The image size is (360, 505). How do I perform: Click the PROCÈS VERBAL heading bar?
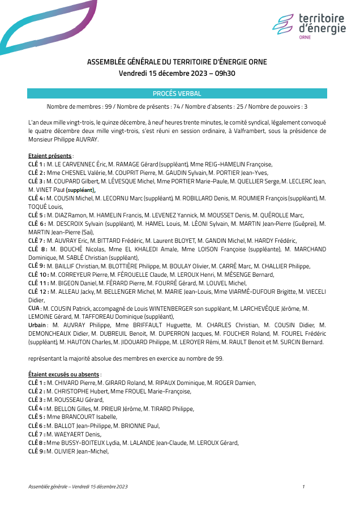tap(177, 93)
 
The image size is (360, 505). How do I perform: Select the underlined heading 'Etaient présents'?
tap(50, 156)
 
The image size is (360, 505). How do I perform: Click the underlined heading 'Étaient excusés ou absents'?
tap(65, 374)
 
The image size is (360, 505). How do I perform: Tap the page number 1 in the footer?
tap(303, 486)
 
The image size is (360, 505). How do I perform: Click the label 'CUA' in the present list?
tap(33, 309)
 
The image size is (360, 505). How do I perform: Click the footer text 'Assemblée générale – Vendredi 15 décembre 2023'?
tap(78, 486)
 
